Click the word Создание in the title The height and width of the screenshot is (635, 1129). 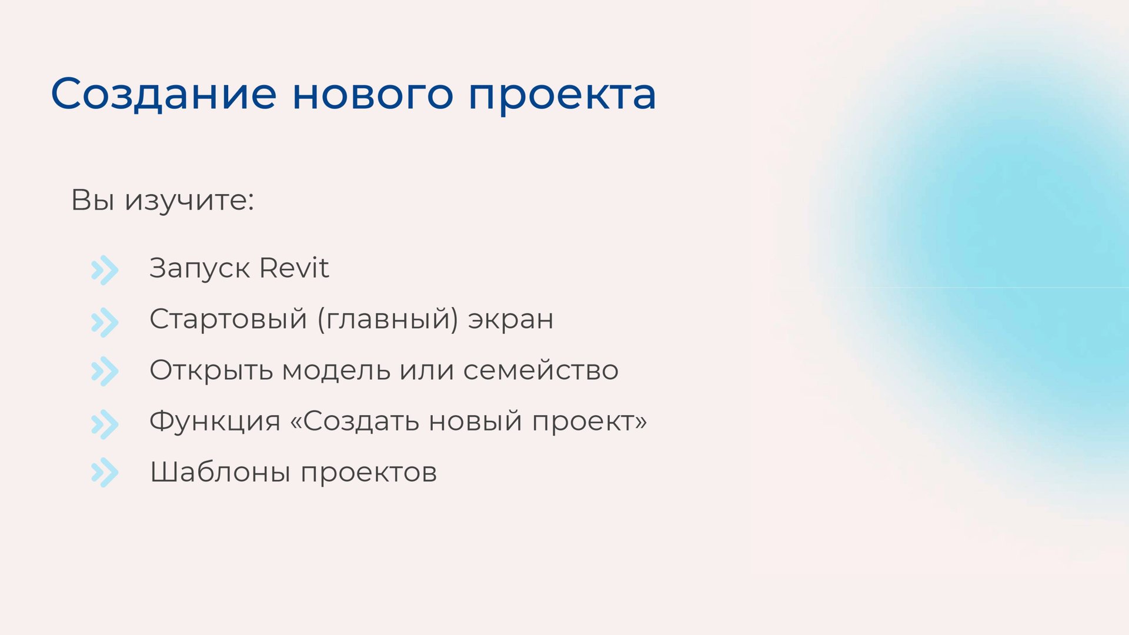click(x=163, y=94)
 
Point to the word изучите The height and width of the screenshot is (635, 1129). click(x=189, y=200)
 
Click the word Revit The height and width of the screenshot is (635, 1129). click(x=294, y=268)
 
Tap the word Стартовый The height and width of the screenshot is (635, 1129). click(x=228, y=320)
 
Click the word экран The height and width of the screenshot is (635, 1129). click(x=510, y=320)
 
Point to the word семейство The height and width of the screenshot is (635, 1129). click(x=541, y=370)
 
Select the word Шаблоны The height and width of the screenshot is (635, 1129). click(x=220, y=472)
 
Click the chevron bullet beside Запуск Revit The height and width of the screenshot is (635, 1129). click(x=105, y=270)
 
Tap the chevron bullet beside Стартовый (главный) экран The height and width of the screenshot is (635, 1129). click(x=105, y=322)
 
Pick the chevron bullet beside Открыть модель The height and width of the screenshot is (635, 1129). click(x=105, y=372)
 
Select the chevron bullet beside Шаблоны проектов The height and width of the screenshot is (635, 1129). click(x=105, y=473)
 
